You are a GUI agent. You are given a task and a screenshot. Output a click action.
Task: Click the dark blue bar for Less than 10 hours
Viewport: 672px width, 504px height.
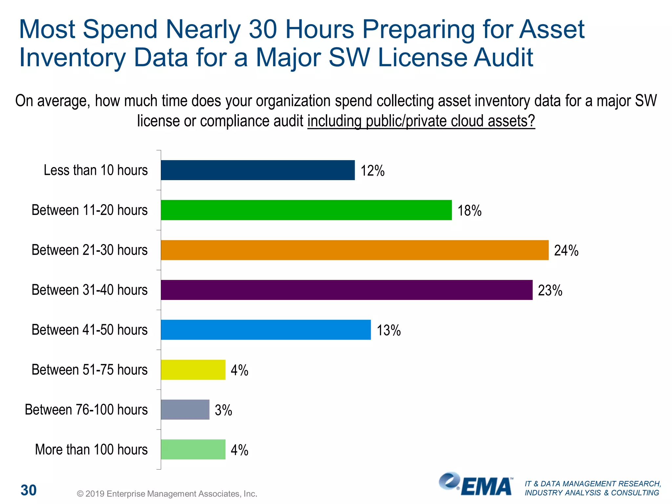point(258,170)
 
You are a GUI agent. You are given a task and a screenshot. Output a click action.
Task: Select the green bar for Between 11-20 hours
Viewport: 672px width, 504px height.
point(306,210)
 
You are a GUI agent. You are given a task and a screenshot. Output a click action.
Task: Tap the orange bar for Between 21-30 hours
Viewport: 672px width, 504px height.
point(354,250)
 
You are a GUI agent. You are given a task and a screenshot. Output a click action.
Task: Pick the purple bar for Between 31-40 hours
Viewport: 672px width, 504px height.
point(346,290)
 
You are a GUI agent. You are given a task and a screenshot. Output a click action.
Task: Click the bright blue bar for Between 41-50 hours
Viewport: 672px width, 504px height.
point(266,330)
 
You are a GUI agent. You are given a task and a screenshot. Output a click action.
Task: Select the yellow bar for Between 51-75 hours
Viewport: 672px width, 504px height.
point(193,370)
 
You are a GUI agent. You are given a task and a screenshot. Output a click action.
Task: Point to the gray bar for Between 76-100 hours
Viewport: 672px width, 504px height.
point(185,409)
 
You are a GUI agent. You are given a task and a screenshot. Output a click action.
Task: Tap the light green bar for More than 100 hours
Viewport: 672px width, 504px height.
point(193,450)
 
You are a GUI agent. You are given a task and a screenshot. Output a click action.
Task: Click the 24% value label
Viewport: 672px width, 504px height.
point(566,251)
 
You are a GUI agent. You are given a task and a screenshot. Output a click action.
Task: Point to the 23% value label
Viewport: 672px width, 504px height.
point(550,291)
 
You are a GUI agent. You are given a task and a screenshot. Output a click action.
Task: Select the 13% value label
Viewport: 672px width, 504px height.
point(388,330)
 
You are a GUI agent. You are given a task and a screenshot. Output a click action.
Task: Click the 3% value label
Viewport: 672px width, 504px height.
point(223,410)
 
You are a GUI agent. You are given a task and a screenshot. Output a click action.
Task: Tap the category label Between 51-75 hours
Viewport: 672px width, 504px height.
point(90,370)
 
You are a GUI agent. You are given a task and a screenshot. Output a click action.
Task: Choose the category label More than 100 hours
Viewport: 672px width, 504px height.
point(91,450)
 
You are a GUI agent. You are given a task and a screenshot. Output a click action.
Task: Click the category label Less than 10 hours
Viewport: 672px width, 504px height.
point(96,170)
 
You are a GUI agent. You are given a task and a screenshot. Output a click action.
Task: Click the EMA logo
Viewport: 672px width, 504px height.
point(476,484)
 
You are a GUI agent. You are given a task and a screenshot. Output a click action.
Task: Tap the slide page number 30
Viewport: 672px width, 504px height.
point(29,490)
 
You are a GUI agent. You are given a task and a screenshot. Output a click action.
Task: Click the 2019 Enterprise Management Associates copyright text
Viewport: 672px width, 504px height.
point(167,494)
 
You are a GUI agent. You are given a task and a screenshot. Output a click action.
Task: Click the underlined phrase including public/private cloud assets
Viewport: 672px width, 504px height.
point(421,121)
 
